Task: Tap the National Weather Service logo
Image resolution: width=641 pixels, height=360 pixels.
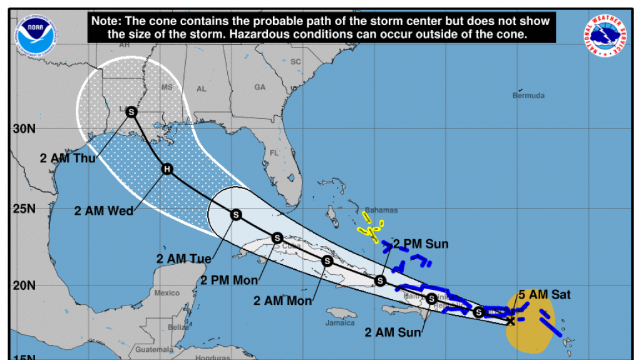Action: (x=607, y=34)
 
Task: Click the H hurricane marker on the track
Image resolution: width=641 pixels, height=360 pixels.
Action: (x=167, y=169)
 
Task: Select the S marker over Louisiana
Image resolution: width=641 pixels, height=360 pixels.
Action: (x=131, y=112)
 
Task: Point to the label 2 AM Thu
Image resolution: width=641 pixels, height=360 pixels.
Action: (x=68, y=158)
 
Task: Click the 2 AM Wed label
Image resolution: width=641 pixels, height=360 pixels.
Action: (x=104, y=211)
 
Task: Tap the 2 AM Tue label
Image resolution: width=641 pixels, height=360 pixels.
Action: (x=182, y=258)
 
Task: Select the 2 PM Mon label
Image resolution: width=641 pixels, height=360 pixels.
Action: (x=229, y=280)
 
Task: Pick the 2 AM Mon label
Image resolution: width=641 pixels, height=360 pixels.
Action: (x=283, y=301)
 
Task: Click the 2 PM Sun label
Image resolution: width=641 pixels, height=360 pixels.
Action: (x=420, y=244)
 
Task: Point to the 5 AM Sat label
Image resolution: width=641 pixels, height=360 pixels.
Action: (x=545, y=294)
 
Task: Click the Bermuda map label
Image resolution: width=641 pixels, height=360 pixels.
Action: (x=528, y=96)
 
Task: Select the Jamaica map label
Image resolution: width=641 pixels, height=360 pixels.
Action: (x=340, y=323)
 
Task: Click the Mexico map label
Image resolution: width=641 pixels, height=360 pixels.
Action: (x=167, y=293)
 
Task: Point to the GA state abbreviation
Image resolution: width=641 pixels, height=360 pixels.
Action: (x=260, y=87)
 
